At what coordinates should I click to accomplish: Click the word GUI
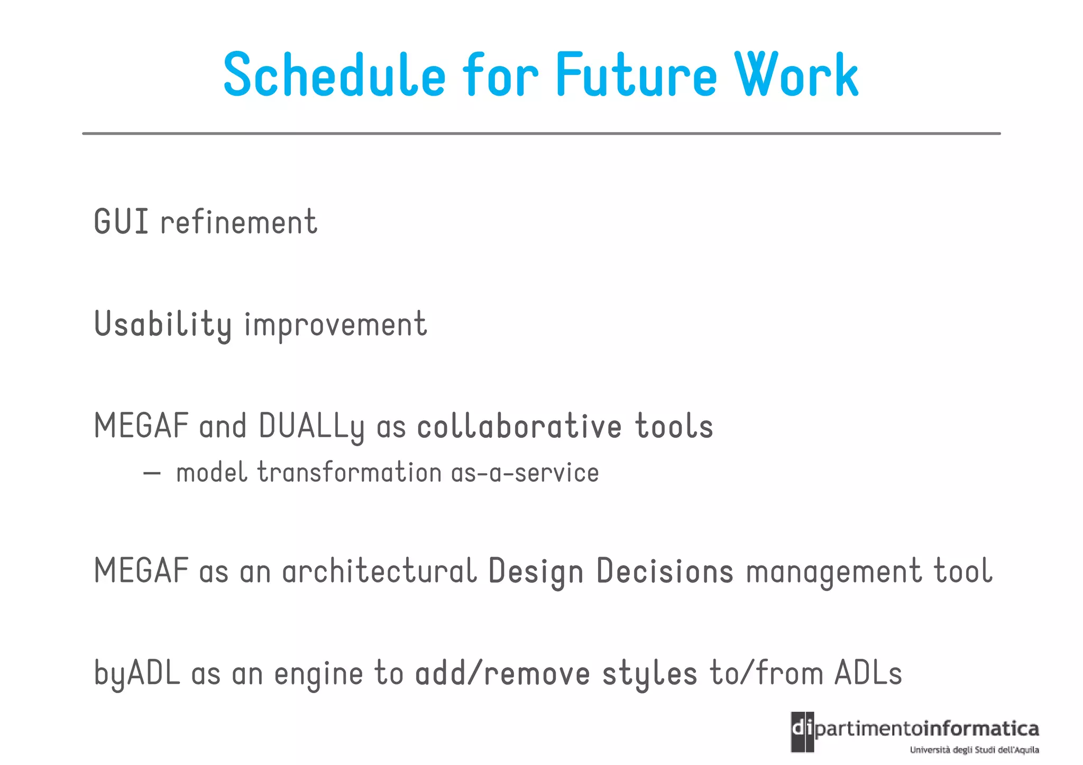click(121, 222)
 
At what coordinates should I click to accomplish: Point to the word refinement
click(238, 222)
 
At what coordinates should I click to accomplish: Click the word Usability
click(163, 324)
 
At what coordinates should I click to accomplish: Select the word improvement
click(335, 324)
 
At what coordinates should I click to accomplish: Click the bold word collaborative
click(519, 426)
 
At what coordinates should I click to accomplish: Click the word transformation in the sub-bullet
click(349, 472)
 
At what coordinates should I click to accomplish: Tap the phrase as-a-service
click(525, 472)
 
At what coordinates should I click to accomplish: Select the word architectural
click(379, 571)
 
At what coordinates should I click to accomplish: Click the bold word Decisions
click(665, 571)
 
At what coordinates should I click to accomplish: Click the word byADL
click(137, 674)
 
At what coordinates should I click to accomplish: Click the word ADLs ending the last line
click(868, 674)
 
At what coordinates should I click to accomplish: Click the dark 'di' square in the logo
click(802, 731)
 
